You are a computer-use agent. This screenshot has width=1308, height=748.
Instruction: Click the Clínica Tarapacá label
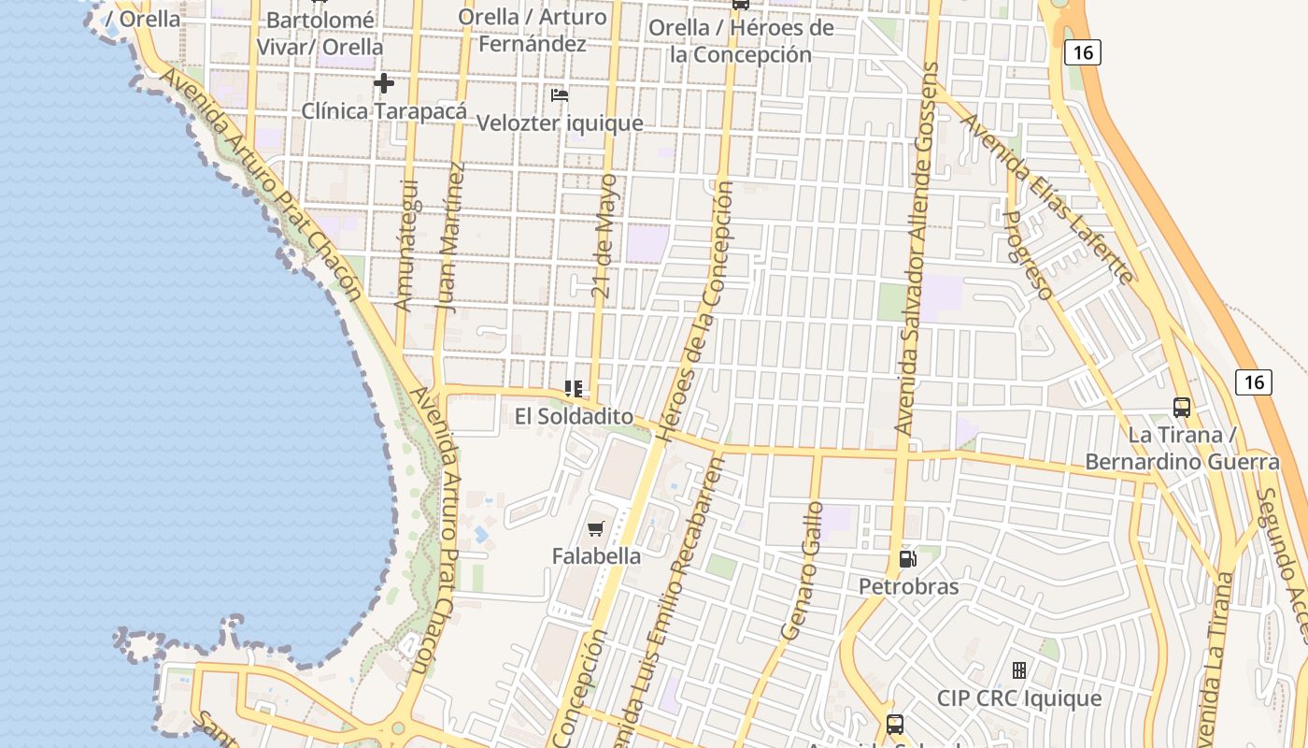pos(384,111)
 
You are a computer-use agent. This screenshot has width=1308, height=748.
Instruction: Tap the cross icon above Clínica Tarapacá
pos(383,83)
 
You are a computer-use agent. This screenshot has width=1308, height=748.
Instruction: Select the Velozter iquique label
pos(560,123)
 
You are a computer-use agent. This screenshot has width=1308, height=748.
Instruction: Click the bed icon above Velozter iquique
pos(560,95)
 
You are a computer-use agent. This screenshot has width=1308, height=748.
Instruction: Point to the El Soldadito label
pos(574,417)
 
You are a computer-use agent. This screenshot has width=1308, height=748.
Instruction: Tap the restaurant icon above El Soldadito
pos(574,388)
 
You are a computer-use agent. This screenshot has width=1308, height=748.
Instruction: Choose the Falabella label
pos(596,556)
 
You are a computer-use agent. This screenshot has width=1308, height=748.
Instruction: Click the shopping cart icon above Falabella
pos(596,528)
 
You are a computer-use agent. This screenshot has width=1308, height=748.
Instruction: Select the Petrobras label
pos(908,587)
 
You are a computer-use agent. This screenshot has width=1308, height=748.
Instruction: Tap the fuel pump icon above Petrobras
pos(907,559)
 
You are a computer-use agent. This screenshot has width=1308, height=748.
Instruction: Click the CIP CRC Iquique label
pos(1019,698)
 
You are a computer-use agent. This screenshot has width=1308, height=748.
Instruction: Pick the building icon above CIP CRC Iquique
pos(1019,670)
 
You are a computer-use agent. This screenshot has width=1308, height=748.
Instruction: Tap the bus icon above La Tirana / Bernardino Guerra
pos(1182,408)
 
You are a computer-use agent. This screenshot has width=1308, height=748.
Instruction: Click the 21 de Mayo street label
pos(605,237)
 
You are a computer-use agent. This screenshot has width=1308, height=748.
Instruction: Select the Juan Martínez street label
pos(450,237)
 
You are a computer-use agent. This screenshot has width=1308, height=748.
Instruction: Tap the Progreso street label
pos(1027,254)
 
